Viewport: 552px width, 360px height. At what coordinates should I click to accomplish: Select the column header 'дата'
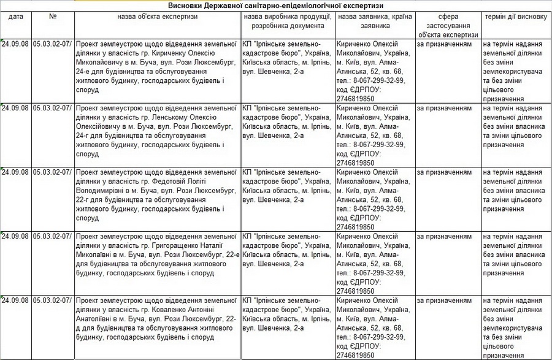(16, 17)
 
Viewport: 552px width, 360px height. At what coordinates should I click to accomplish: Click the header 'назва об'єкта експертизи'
(158, 17)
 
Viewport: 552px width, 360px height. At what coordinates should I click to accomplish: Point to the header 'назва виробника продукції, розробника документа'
(288, 22)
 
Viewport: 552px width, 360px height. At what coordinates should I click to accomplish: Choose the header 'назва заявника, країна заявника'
(375, 22)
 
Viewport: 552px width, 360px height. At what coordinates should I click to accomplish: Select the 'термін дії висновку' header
(515, 17)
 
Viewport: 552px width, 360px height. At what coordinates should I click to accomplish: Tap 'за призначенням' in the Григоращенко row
(444, 236)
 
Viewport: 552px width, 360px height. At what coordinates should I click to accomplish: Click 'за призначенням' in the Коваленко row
(444, 301)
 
